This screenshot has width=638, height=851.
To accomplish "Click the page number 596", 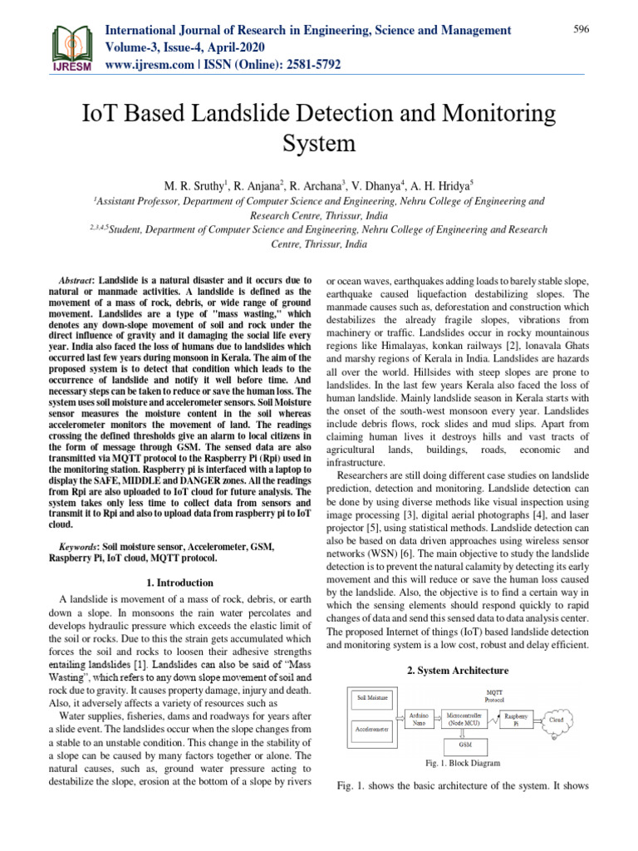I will tap(582, 29).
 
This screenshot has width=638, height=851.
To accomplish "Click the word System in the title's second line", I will tap(319, 144).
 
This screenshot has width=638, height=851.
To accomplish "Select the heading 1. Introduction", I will tap(179, 583).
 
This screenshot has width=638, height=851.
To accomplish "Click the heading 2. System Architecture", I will tap(458, 670).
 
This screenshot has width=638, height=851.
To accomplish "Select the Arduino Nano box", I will tap(420, 717).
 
